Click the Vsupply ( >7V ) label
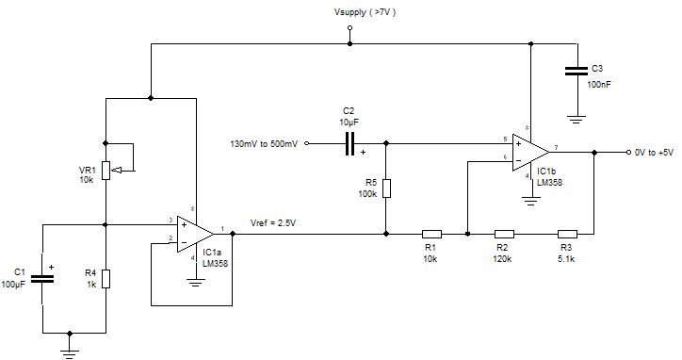point(350,14)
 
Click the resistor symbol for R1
point(431,233)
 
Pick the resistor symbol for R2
point(504,233)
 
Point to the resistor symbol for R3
point(567,233)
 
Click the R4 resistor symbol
point(106,278)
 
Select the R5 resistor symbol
point(386,188)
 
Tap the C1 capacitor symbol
point(42,278)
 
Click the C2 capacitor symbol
point(349,143)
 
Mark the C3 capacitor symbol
point(573,71)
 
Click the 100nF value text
point(599,84)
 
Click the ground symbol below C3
point(573,117)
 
